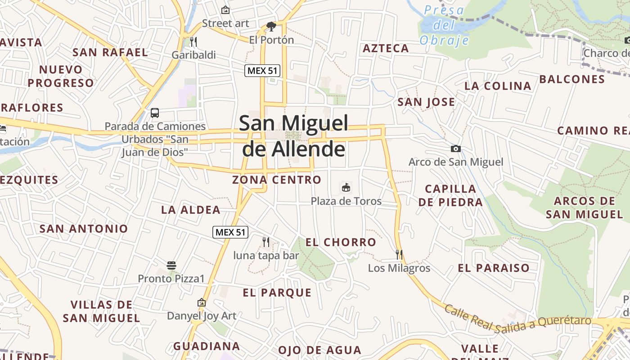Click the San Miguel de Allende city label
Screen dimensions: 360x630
294,136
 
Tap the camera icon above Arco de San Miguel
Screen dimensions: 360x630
456,148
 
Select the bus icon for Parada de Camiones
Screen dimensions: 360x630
155,112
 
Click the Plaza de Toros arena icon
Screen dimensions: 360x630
346,187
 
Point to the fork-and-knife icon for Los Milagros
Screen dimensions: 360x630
399,254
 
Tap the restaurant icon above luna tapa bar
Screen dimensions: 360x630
266,242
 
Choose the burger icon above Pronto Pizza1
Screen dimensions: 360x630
171,265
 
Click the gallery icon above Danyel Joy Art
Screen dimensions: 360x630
201,302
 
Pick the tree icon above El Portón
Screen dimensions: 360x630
271,27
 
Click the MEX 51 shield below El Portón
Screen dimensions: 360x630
262,70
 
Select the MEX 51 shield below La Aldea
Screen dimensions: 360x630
230,232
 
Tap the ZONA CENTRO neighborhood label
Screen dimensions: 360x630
277,180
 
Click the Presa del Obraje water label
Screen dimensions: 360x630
444,25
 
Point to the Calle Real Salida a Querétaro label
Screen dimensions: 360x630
517,320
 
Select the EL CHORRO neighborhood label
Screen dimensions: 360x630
341,242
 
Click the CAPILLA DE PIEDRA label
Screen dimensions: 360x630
450,195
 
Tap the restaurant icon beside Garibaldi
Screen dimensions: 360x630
193,41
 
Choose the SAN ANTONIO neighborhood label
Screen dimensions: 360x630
84,229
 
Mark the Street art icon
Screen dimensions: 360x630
225,10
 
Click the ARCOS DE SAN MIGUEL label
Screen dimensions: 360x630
585,207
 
